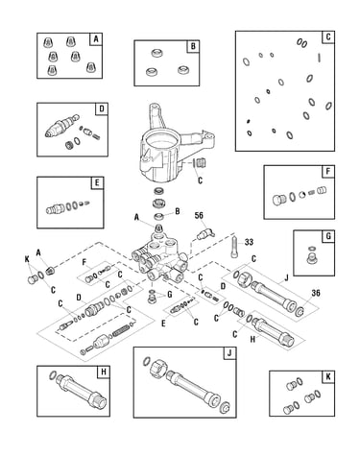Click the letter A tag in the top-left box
click(x=96, y=39)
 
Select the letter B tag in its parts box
click(x=193, y=47)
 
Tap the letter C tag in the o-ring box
click(x=328, y=37)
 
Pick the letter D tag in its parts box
click(x=102, y=109)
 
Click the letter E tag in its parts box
click(x=97, y=183)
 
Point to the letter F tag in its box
click(x=328, y=172)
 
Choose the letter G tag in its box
click(x=328, y=237)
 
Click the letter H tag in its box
click(x=104, y=372)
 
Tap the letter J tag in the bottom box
click(x=229, y=353)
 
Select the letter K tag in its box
click(x=328, y=377)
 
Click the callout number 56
click(x=199, y=215)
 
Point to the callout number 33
click(x=249, y=242)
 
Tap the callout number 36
click(x=316, y=293)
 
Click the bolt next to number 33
click(x=234, y=247)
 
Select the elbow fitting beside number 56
click(x=205, y=234)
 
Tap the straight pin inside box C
click(x=319, y=58)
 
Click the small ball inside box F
click(x=301, y=195)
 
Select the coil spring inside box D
click(x=98, y=135)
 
